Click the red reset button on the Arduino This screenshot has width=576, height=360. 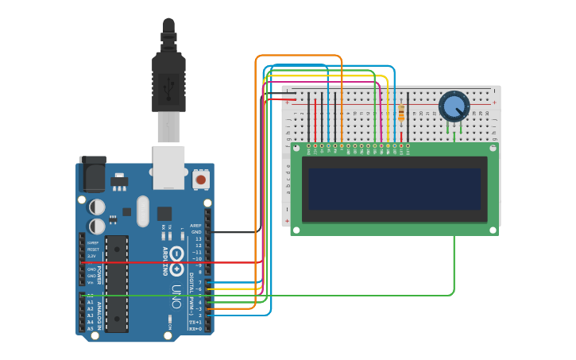coord(200,180)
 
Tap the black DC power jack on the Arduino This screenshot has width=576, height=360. coord(92,176)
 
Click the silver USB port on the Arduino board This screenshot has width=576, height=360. coord(169,167)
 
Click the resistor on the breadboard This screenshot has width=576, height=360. coord(401,113)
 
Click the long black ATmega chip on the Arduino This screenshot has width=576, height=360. coord(117,282)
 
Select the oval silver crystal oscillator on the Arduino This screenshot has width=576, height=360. coord(143,211)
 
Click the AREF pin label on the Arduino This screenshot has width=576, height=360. coord(196,226)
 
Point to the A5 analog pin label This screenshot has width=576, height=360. coord(91,327)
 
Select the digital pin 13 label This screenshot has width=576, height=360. coord(198,238)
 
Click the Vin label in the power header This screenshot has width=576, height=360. coord(91,282)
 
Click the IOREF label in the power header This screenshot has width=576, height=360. coord(93,242)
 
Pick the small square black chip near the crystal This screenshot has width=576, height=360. coord(164,213)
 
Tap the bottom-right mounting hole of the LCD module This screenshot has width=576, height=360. coord(493,230)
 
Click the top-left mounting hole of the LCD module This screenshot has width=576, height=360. coord(296,148)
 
